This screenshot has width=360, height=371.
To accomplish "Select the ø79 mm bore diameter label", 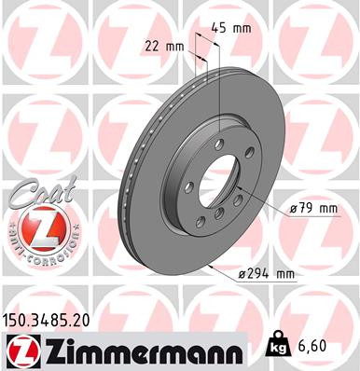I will pos(312,209).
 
